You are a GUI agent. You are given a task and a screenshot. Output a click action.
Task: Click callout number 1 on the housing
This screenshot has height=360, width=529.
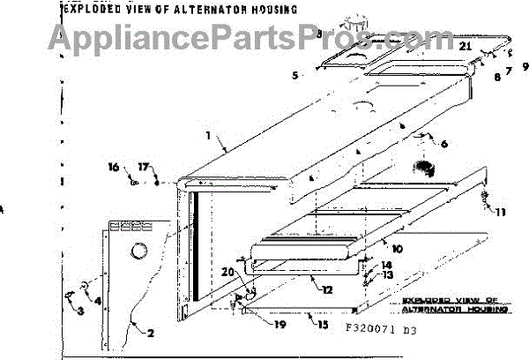(209, 137)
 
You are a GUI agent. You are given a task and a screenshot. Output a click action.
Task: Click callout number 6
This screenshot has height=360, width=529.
(443, 144)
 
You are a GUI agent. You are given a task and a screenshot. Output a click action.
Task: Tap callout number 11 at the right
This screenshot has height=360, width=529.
(502, 212)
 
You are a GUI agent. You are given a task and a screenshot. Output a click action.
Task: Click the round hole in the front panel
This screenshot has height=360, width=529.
(138, 253)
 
